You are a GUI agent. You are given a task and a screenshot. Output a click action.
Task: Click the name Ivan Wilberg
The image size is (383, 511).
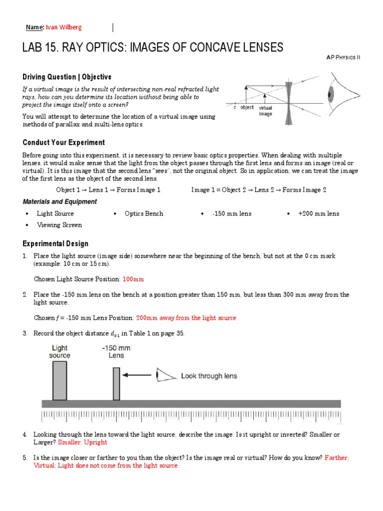point(63,27)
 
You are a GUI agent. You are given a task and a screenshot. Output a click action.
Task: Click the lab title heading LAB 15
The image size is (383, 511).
point(153,47)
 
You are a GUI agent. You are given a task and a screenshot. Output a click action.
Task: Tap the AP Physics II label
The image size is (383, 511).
point(343,57)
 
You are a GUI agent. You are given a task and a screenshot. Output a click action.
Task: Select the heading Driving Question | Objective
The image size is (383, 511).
point(67,77)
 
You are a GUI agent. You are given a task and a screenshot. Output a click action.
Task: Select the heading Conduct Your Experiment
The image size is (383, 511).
point(63,142)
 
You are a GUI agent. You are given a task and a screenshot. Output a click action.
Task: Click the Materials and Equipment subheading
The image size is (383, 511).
point(60,202)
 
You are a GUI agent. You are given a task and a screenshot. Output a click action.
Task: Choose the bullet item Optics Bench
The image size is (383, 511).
point(144,214)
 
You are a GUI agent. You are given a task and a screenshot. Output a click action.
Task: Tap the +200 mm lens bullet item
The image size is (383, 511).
point(318,214)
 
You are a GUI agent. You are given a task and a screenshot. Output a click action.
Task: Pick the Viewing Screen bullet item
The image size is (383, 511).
point(59,225)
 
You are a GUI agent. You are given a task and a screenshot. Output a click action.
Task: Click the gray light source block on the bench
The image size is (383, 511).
point(59,380)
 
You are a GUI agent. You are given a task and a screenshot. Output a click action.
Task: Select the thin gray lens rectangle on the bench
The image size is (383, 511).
point(116,383)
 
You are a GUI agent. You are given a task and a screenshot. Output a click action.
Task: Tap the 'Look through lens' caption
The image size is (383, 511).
point(208,376)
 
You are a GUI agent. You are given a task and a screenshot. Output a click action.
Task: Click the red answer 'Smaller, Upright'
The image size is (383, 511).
point(82,442)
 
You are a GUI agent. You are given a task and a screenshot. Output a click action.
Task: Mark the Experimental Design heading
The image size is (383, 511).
point(55,244)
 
